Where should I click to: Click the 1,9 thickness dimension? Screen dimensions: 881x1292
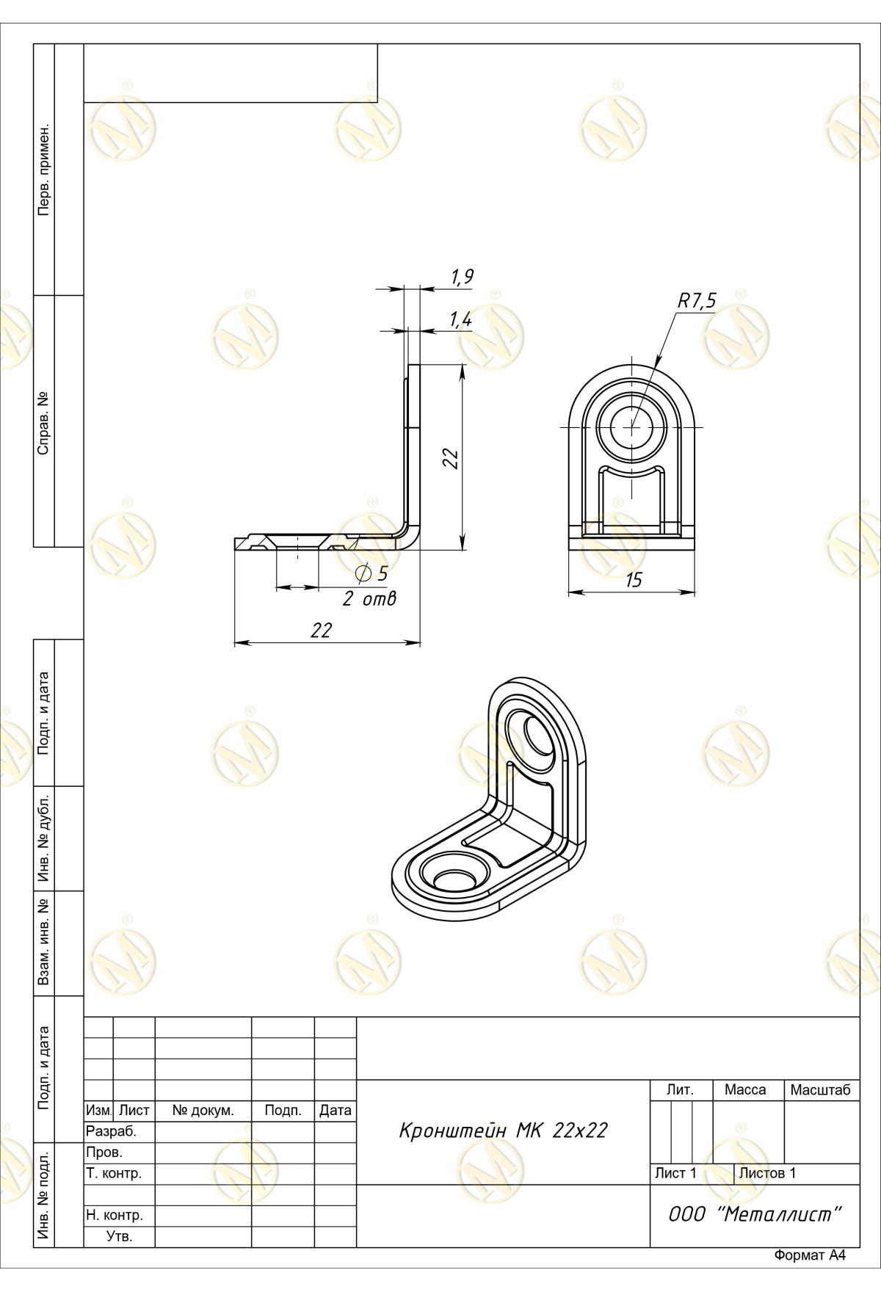click(x=462, y=277)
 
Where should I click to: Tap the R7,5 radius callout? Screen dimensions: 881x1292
click(x=696, y=300)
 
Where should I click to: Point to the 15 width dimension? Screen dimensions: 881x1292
click(x=633, y=580)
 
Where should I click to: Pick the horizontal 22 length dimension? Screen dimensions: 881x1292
click(x=321, y=630)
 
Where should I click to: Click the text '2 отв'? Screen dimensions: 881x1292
click(x=369, y=599)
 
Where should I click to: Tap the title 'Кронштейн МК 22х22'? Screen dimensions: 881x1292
click(x=503, y=1130)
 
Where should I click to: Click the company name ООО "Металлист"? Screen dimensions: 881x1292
click(x=754, y=1214)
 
